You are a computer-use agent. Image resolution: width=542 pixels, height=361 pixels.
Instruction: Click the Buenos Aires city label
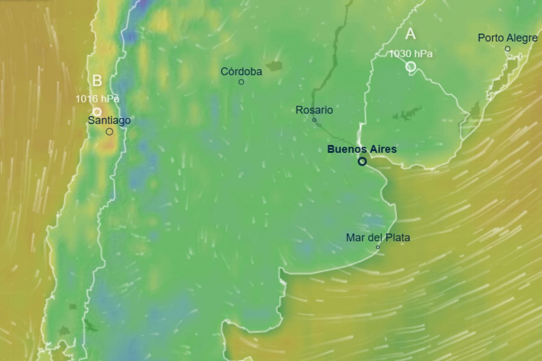(362, 149)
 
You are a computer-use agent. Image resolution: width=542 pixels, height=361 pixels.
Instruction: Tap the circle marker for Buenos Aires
(362, 161)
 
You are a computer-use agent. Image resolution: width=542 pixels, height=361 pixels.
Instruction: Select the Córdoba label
(241, 71)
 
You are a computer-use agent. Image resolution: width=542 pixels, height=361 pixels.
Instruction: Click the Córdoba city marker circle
(241, 82)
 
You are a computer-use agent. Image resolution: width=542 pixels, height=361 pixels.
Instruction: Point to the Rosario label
(314, 110)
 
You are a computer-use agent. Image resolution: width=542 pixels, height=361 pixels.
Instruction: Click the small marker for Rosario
(314, 120)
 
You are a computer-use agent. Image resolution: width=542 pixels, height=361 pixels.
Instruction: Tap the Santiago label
(109, 120)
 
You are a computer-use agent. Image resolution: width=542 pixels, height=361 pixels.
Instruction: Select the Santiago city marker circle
(109, 131)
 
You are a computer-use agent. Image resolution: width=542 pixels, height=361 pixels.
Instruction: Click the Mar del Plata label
(378, 237)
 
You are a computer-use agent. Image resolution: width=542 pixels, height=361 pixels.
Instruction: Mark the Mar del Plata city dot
(378, 247)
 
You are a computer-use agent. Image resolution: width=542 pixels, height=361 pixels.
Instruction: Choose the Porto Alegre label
(508, 38)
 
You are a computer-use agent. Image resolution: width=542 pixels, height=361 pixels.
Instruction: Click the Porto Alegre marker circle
(508, 48)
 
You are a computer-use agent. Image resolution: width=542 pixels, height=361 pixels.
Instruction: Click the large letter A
(410, 34)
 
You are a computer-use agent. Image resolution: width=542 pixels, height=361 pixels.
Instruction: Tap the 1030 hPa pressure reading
(411, 54)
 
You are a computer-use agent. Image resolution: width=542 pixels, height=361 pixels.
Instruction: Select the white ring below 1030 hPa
(411, 66)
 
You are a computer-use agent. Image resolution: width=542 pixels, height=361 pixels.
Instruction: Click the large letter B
(97, 81)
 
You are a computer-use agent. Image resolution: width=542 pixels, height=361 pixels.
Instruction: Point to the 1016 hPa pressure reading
(97, 99)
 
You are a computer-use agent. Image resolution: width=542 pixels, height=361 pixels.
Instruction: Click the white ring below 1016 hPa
(97, 111)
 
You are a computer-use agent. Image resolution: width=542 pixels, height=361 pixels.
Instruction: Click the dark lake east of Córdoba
(274, 66)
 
